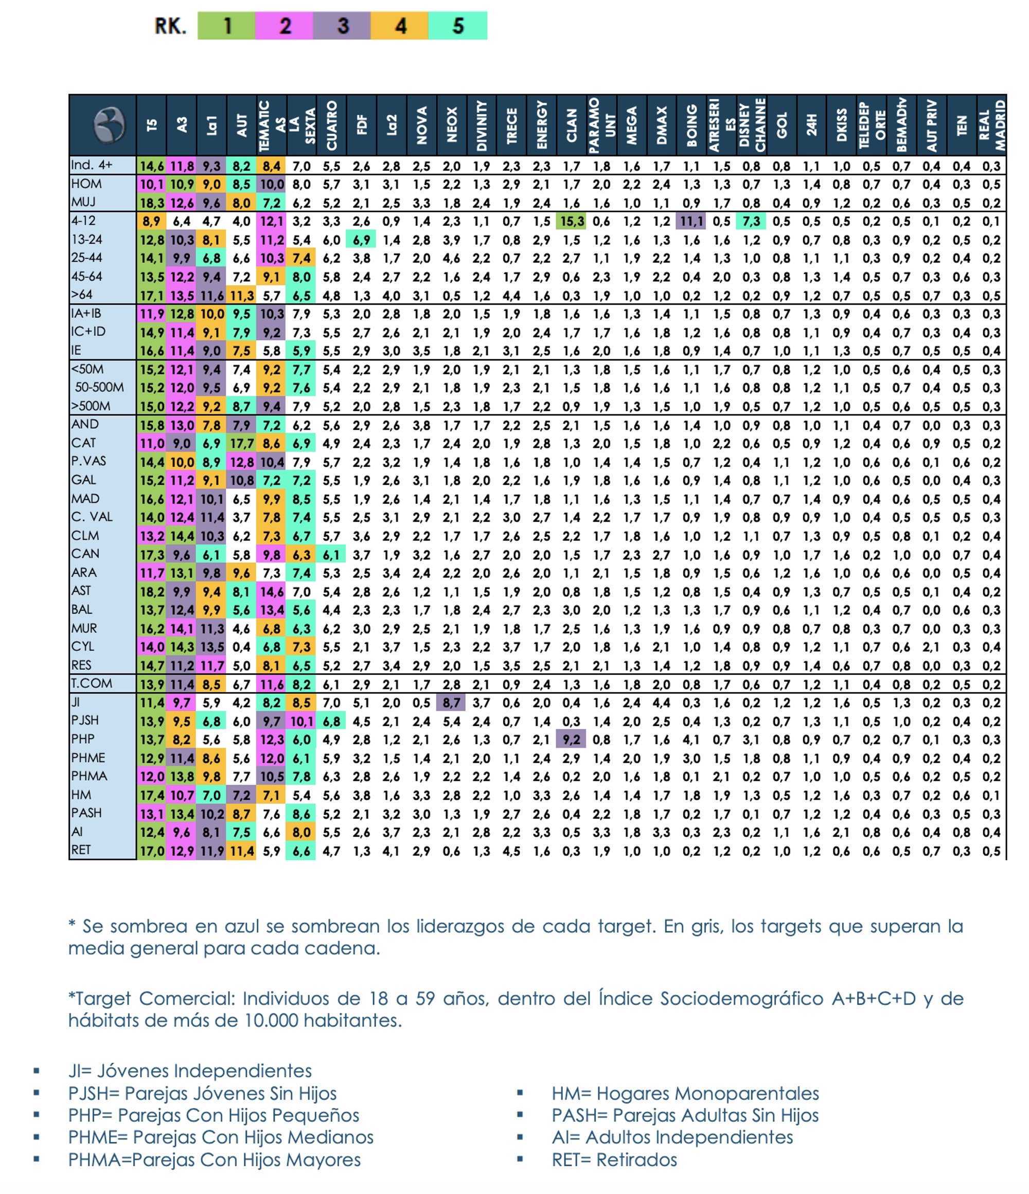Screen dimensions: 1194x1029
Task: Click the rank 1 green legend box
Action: click(226, 26)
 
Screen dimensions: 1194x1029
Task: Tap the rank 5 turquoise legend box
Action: click(457, 26)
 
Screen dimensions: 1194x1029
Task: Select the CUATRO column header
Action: click(331, 125)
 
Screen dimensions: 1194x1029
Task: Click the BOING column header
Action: click(691, 125)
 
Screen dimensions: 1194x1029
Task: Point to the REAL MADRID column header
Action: click(991, 125)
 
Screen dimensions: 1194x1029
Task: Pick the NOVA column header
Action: click(422, 125)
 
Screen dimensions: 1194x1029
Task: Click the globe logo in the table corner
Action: click(109, 125)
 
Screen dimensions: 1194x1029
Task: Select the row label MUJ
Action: click(83, 202)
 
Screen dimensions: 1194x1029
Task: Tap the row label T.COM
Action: click(92, 683)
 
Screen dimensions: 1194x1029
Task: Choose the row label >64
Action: click(82, 294)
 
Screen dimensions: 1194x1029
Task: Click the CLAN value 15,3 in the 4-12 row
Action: click(572, 221)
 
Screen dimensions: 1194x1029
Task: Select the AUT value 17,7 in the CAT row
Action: click(241, 443)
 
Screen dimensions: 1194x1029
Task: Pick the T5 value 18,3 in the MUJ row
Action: click(152, 203)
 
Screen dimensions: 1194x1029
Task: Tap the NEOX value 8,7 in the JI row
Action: click(452, 703)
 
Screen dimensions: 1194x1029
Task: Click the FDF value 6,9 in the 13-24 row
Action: click(361, 240)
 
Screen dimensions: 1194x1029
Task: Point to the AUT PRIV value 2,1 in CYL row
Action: click(931, 647)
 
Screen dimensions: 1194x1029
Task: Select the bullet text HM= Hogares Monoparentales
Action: click(685, 1093)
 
